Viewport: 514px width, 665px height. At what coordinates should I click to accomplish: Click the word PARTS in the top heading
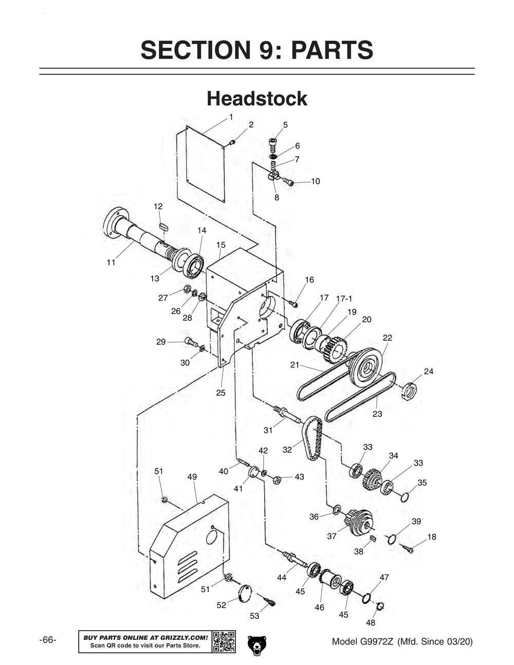point(332,50)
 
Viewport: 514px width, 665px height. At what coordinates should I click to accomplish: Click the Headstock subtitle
point(257,99)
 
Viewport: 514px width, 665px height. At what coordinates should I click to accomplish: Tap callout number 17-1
point(344,299)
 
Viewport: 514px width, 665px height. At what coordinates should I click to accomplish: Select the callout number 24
point(429,371)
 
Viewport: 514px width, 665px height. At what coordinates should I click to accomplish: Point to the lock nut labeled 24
point(409,392)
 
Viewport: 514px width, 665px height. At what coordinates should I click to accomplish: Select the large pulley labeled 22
point(365,367)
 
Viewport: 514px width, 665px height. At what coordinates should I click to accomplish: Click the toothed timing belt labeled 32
point(313,438)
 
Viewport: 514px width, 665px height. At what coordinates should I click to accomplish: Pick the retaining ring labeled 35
point(405,496)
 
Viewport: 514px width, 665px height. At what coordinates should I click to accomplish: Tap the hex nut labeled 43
point(276,480)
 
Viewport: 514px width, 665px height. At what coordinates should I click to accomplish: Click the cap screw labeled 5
point(273,142)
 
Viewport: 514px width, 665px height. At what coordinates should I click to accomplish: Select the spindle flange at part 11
point(115,223)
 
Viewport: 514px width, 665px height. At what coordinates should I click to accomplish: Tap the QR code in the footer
point(224,641)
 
